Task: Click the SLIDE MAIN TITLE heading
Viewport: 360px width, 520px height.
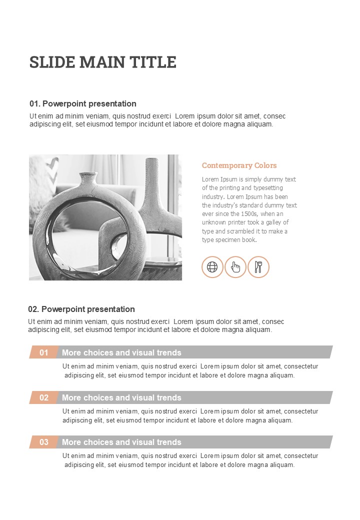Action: point(103,62)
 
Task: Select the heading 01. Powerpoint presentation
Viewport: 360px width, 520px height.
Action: point(83,104)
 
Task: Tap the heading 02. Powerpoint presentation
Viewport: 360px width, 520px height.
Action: point(81,309)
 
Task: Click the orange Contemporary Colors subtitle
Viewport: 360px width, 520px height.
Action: point(239,165)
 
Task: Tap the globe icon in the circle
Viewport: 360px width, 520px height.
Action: point(212,267)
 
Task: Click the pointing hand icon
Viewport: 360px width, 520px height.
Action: point(235,267)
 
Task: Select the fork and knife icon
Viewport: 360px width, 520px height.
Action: point(258,267)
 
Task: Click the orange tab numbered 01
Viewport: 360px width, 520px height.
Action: point(44,352)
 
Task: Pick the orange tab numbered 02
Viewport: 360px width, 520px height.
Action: point(44,397)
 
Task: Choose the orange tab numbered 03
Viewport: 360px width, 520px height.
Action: point(44,442)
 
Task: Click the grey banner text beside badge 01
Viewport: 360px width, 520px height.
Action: point(121,352)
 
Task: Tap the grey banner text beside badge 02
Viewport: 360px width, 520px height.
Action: point(121,397)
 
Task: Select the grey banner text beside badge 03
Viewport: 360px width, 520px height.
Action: point(121,442)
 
